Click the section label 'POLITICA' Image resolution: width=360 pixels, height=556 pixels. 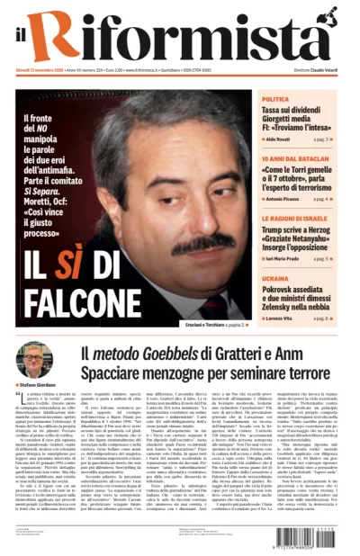pyautogui.click(x=275, y=99)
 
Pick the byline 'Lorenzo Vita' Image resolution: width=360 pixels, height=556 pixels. pyautogui.click(x=283, y=318)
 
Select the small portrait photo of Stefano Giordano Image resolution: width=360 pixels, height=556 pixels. pyautogui.click(x=34, y=361)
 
